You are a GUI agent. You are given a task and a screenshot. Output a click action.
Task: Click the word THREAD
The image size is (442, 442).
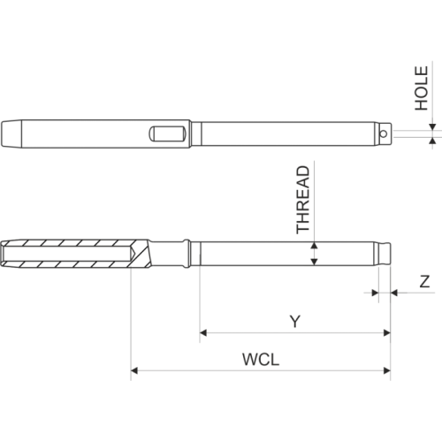[303, 200]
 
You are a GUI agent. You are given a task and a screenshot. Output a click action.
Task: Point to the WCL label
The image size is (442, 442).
[261, 360]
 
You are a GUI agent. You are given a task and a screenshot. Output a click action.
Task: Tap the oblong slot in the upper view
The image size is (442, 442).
[167, 133]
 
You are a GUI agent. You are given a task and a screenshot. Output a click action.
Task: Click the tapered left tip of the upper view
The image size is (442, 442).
[11, 133]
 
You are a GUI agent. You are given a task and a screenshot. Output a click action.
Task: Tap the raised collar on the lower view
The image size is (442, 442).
[185, 255]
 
